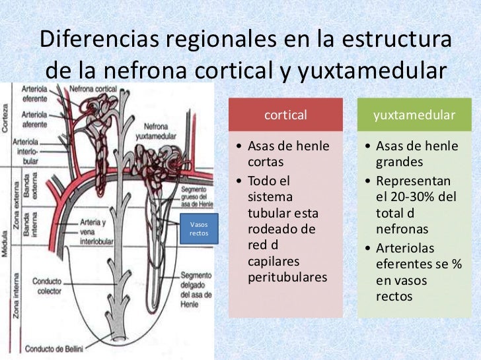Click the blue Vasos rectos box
199,228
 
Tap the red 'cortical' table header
285,115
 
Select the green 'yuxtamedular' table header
414,115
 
